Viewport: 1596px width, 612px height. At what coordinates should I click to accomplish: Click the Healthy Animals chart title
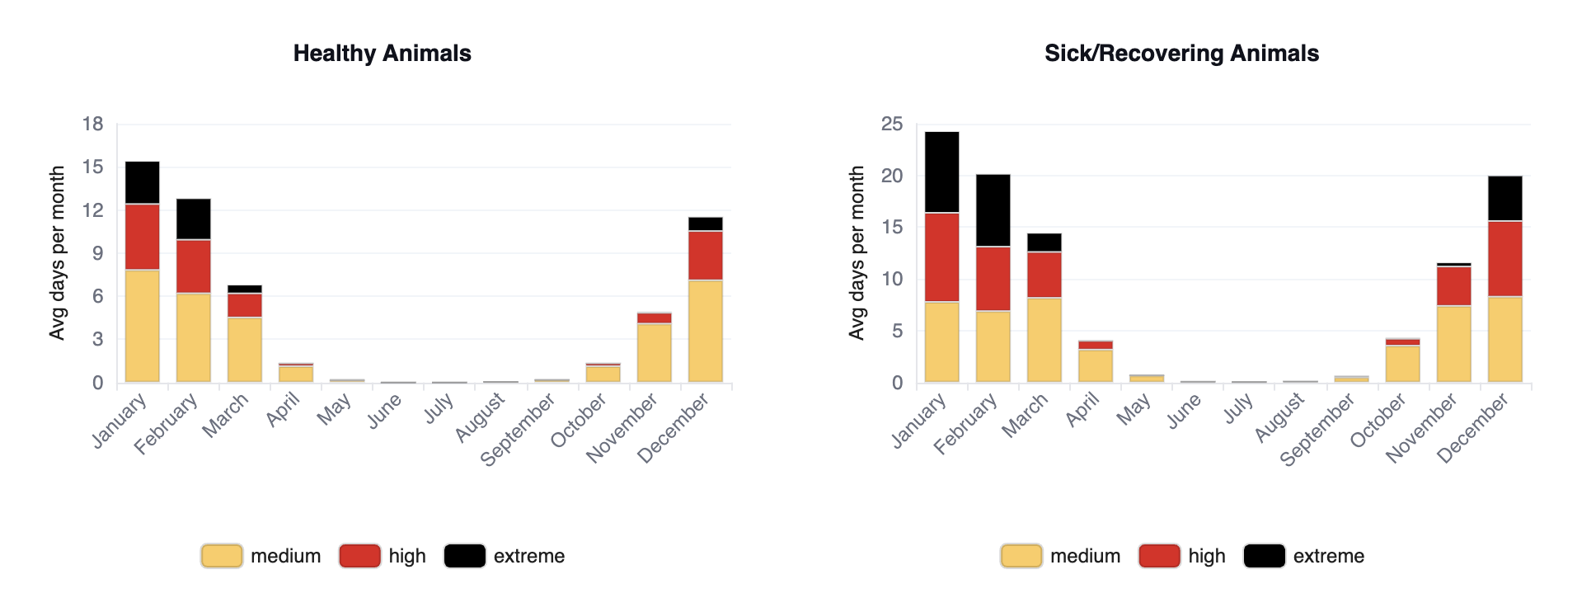click(383, 54)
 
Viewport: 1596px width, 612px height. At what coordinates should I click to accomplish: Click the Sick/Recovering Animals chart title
click(1181, 54)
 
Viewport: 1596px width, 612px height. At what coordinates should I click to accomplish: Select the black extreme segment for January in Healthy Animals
click(143, 182)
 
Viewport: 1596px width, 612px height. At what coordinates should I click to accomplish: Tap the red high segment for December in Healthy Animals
click(706, 256)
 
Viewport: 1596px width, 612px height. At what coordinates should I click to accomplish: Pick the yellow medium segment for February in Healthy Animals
click(194, 337)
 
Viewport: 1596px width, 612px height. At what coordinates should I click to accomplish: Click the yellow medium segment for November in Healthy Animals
click(655, 352)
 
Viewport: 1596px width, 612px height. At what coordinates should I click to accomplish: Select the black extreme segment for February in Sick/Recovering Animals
click(993, 210)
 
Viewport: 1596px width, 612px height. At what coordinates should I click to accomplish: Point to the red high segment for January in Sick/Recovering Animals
click(942, 257)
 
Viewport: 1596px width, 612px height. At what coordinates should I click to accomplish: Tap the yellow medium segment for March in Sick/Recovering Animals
click(1044, 340)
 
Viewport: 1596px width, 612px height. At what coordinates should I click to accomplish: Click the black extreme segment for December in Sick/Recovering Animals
click(1505, 198)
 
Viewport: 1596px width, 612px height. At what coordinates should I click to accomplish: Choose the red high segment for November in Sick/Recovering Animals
click(1454, 286)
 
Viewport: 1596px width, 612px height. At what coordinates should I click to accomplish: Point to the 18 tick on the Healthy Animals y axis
click(92, 125)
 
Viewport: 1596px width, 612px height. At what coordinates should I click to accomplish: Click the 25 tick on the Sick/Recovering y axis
click(892, 125)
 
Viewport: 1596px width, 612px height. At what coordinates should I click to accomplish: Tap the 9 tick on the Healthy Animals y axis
click(98, 253)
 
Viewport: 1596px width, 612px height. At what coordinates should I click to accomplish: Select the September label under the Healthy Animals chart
click(519, 429)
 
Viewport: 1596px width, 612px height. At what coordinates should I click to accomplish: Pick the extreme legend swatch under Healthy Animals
click(465, 556)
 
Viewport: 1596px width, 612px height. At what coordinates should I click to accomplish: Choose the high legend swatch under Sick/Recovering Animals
click(1159, 556)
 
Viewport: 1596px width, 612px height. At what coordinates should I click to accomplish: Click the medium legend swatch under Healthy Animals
click(222, 556)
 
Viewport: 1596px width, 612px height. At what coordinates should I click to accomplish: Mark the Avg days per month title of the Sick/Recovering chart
click(857, 253)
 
